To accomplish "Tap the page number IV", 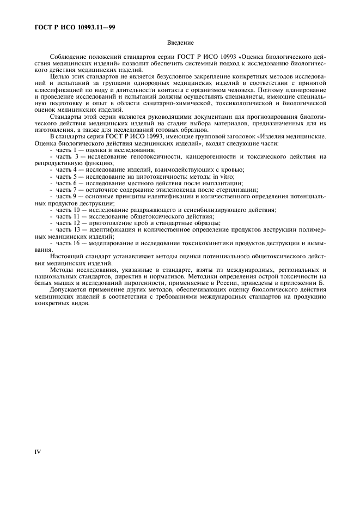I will (x=36, y=451).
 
